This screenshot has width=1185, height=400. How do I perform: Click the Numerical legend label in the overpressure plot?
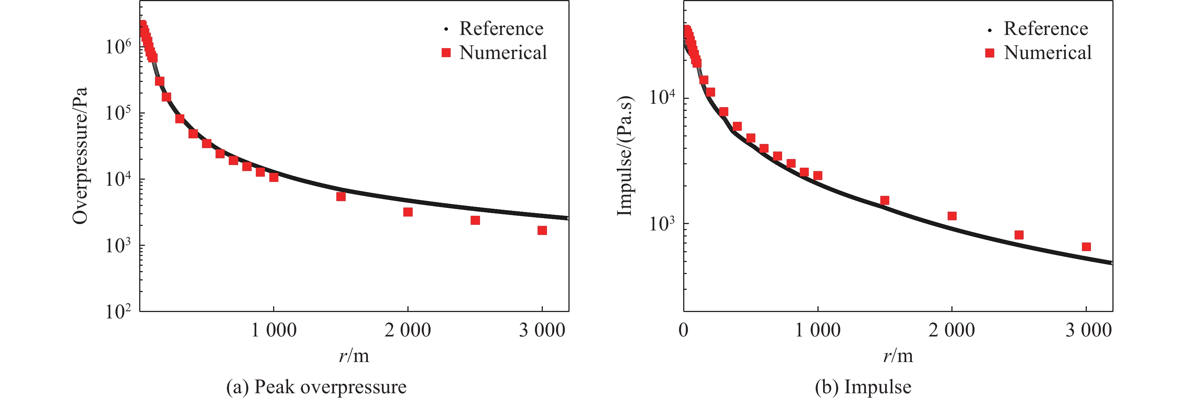point(503,53)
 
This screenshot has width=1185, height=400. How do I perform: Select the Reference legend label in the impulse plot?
point(1045,29)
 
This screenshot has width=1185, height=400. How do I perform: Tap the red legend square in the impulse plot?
point(989,53)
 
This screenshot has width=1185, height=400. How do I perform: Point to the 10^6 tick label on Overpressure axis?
point(118,47)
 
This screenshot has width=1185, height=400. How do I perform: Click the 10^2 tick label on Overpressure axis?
point(118,312)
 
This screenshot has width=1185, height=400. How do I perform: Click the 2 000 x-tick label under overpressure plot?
point(407,330)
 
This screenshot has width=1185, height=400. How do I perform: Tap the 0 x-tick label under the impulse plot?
point(684,330)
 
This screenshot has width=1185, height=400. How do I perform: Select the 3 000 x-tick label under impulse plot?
point(1088,330)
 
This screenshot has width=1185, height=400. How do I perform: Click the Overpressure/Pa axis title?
point(80,155)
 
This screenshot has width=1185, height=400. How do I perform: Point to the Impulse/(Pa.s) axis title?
point(624,155)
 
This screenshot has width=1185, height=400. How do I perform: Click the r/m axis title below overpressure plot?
point(354,355)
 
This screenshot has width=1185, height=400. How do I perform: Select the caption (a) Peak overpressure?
point(316,387)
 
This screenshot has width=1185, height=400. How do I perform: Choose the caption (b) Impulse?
point(863,387)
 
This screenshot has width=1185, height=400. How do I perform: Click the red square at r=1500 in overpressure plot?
point(341,197)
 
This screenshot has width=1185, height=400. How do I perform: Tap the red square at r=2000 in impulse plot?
point(952,216)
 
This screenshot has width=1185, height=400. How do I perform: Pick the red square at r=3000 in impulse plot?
point(1086,247)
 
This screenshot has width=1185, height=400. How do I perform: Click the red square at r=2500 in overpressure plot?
point(475,221)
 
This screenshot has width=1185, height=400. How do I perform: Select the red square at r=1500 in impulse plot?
point(884,200)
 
